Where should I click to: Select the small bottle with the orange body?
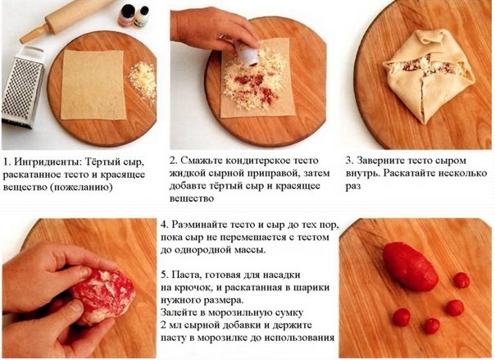(126, 15)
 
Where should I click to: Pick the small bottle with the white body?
(142, 16)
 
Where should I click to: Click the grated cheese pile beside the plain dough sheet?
(143, 81)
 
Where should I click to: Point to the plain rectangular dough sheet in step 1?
(93, 84)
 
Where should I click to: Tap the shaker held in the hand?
(248, 53)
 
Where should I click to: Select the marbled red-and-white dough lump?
(102, 296)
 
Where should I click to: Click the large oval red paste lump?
(410, 267)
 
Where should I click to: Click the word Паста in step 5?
(187, 275)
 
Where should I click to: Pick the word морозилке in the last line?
(231, 338)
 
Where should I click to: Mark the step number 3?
(349, 161)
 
